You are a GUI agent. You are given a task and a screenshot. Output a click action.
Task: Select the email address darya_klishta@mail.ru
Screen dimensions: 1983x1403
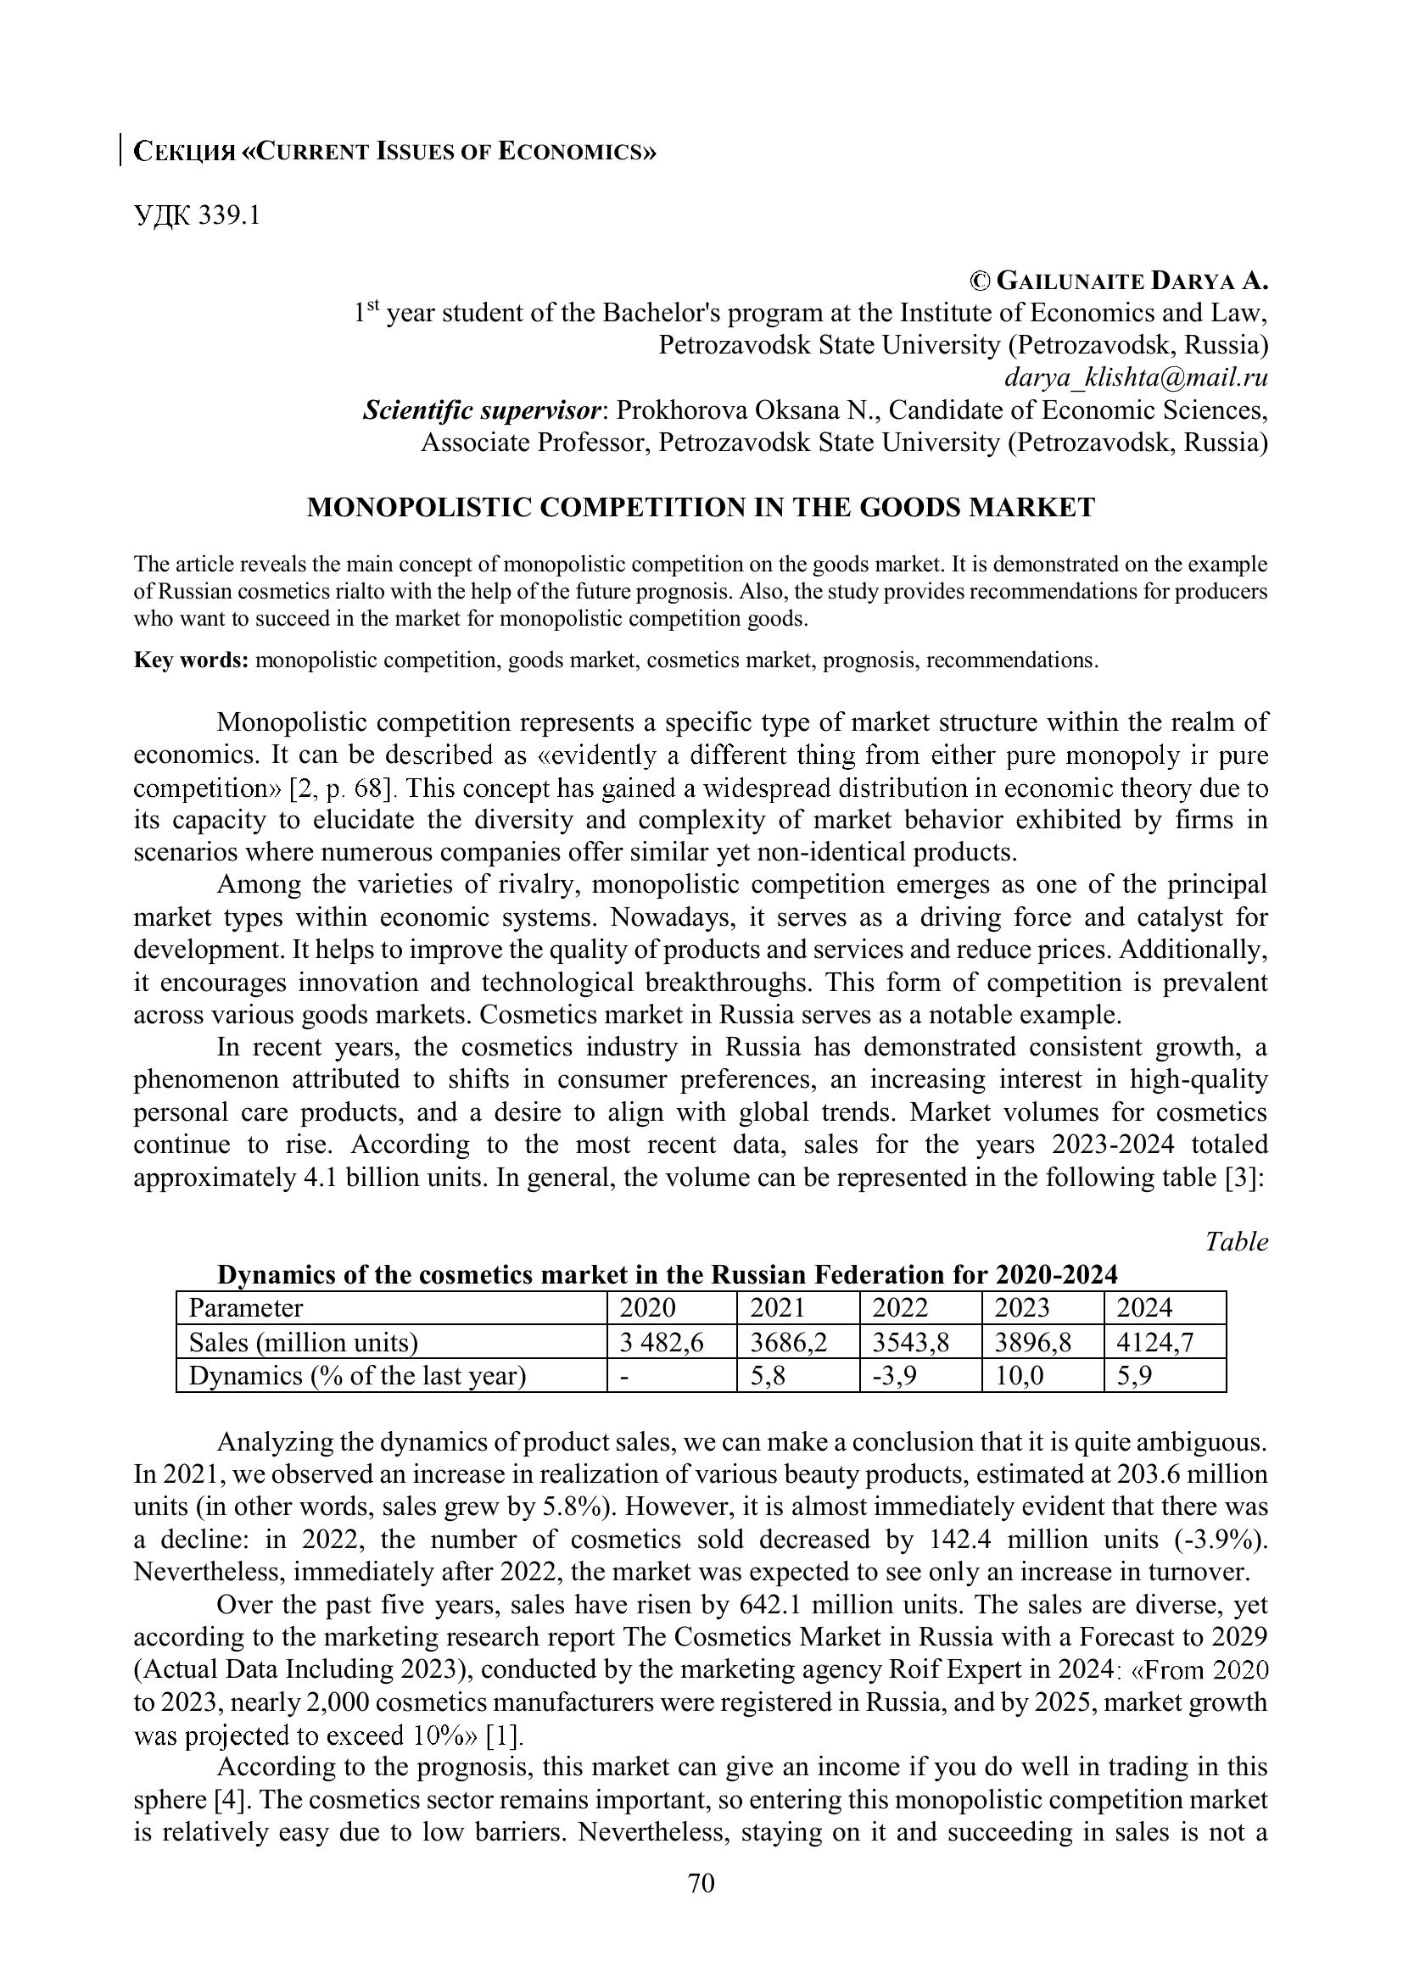pos(1135,377)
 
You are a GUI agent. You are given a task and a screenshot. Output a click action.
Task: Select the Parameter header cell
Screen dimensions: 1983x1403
pos(246,1307)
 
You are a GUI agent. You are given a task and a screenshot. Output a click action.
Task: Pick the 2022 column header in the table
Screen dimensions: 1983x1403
pos(899,1307)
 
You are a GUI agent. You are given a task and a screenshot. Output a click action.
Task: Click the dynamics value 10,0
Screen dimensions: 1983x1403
pos(1019,1375)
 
